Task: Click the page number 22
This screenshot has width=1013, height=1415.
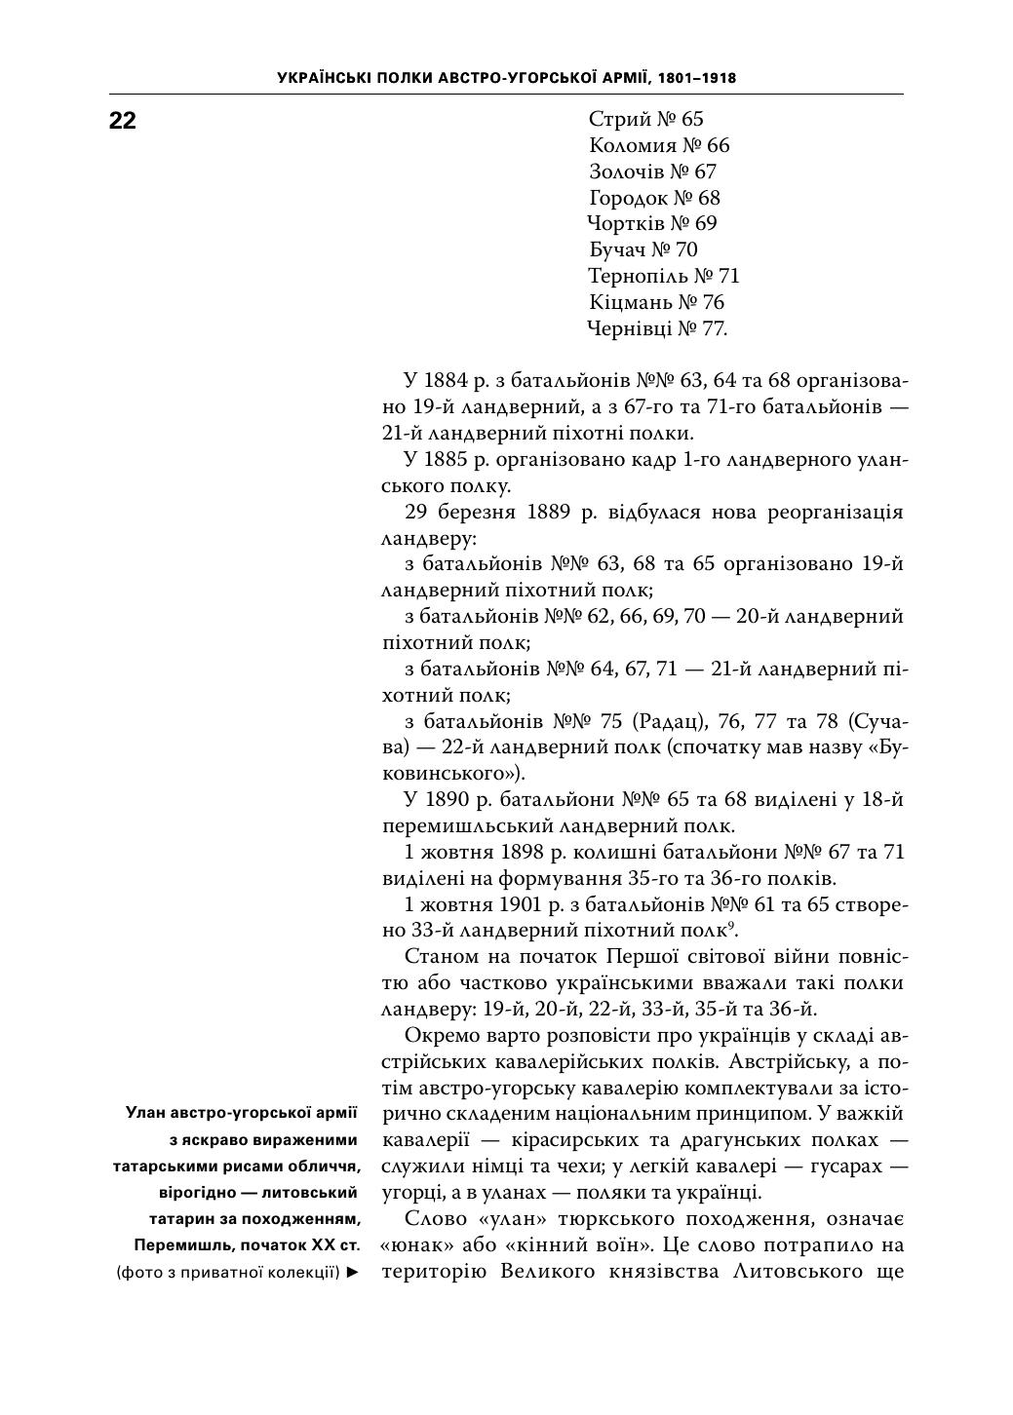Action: pos(122,121)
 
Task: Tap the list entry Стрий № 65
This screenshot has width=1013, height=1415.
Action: pos(645,120)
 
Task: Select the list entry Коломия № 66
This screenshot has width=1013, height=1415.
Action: pos(659,146)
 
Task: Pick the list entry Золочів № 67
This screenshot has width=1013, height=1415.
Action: pos(652,172)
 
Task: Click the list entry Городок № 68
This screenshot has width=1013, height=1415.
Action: pos(654,199)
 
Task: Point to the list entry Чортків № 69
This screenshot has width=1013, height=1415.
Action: pos(652,224)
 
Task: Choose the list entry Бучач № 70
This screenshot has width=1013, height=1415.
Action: pos(643,250)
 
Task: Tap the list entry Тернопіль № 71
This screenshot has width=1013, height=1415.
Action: pos(664,277)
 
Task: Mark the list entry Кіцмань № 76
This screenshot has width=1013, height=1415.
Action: pos(657,303)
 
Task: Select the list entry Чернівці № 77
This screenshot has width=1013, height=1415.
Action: pos(657,329)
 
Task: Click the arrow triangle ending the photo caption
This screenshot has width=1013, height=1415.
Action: pos(353,1272)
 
